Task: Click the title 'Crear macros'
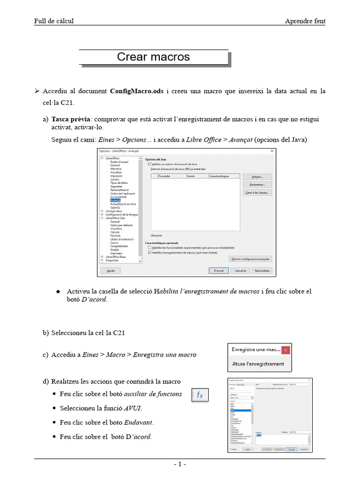(153, 57)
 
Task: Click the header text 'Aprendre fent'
(305, 21)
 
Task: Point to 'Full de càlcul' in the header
(54, 21)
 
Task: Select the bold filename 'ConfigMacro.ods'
(136, 91)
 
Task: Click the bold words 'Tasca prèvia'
(70, 119)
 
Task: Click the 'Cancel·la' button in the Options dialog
(240, 270)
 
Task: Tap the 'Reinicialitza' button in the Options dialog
(261, 270)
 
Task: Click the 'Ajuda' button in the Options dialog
(111, 270)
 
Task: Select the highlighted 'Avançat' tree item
(115, 200)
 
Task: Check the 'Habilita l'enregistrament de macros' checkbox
(150, 252)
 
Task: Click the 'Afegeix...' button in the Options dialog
(257, 177)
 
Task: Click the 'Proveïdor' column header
(165, 176)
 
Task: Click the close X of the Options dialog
(272, 151)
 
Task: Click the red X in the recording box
(286, 350)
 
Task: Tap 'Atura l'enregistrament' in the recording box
(258, 364)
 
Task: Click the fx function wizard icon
(200, 395)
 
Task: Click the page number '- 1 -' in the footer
(180, 465)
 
